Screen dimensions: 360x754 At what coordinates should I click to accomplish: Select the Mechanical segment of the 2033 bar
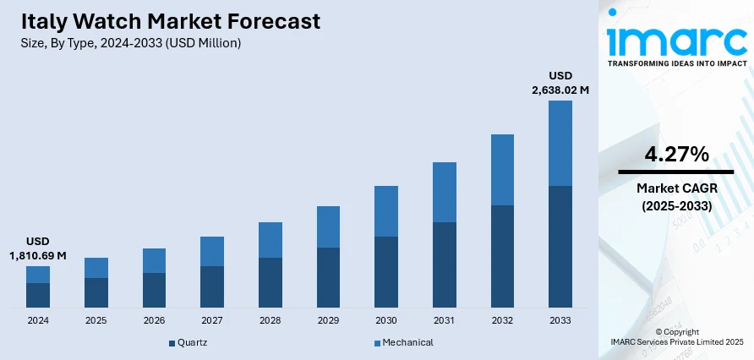(x=560, y=143)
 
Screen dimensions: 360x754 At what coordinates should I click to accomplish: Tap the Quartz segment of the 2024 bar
(x=38, y=295)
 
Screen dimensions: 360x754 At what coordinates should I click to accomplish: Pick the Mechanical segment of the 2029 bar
(x=328, y=226)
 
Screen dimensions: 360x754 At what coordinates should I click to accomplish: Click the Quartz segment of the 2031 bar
(x=445, y=265)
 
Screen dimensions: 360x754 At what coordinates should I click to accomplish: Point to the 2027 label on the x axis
(x=212, y=321)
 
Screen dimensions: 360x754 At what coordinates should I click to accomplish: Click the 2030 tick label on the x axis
(x=386, y=321)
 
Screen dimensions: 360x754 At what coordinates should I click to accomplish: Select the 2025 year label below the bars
(x=96, y=321)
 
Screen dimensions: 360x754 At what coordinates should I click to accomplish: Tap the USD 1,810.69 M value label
(x=38, y=248)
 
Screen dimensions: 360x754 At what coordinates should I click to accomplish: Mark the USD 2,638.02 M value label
(x=560, y=82)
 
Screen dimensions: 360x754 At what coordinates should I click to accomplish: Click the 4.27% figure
(x=676, y=154)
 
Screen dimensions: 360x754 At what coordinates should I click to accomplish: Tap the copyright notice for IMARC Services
(x=676, y=336)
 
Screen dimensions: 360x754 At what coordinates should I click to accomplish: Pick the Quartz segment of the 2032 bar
(x=502, y=256)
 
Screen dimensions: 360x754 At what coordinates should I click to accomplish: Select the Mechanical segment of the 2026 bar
(x=154, y=260)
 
